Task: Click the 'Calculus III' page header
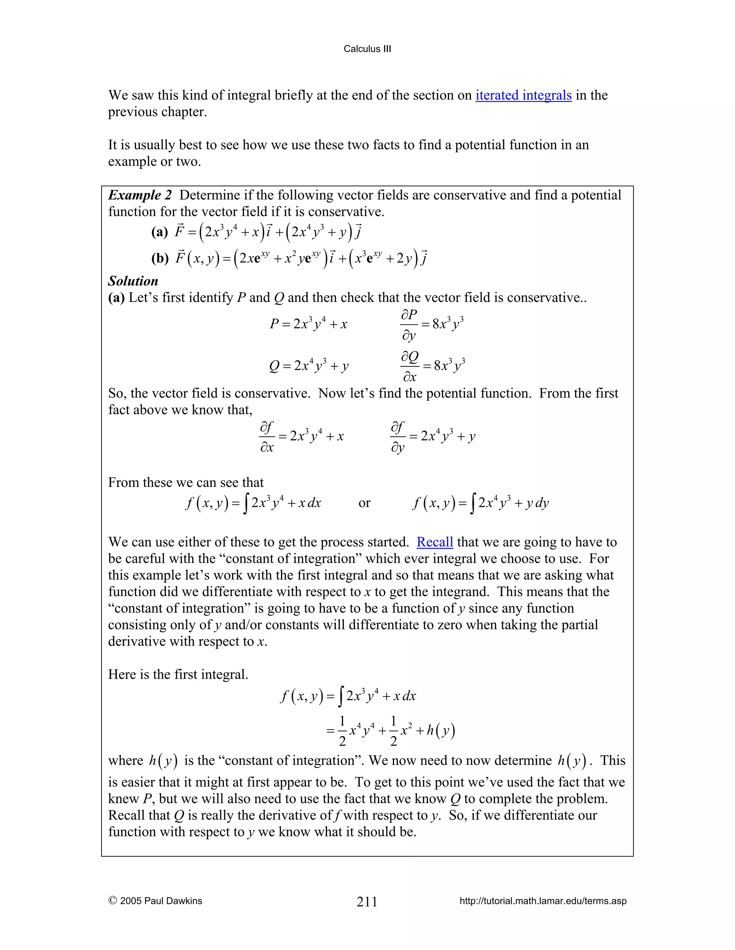[x=367, y=49]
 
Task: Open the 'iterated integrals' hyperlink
[x=523, y=95]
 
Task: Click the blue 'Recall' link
[x=435, y=542]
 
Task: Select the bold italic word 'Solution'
[x=133, y=281]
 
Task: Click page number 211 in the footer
[x=367, y=901]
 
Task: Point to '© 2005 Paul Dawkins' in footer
[x=155, y=901]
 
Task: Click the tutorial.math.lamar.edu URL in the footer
[x=543, y=901]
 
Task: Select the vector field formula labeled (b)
[x=300, y=258]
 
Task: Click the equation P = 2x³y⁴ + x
[x=308, y=324]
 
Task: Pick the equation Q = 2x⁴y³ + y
[x=309, y=366]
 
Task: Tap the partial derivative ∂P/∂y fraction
[x=409, y=324]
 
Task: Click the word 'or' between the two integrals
[x=364, y=503]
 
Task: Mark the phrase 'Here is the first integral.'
[x=178, y=674]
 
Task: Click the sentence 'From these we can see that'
[x=186, y=483]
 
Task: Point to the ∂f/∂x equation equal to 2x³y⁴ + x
[x=301, y=436]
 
